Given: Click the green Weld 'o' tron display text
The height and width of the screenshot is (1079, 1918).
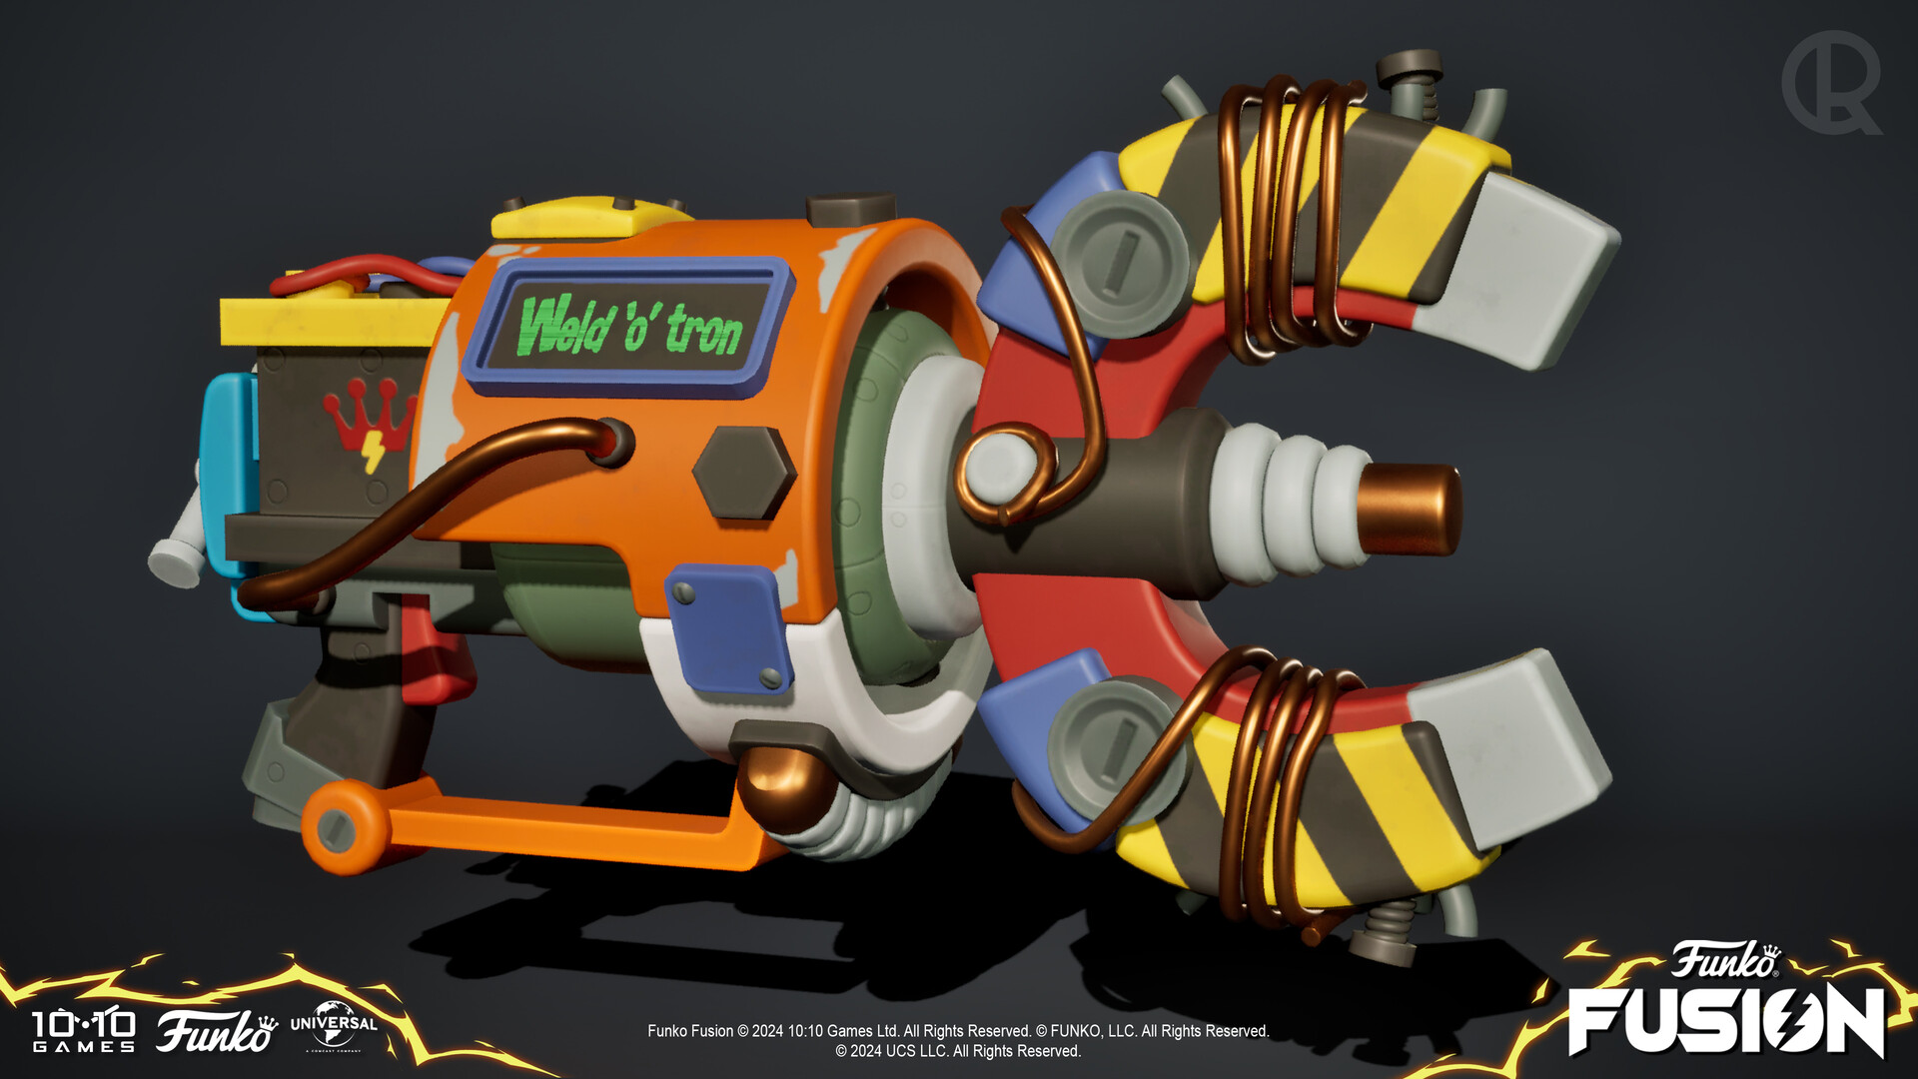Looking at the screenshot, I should (629, 326).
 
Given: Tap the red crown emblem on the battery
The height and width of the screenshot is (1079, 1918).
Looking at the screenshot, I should (369, 420).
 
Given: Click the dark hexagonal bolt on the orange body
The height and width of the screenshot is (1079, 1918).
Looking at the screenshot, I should (743, 473).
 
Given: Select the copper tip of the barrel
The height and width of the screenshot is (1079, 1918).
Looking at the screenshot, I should (1409, 509).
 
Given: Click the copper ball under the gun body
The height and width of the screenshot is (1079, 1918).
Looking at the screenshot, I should (784, 784).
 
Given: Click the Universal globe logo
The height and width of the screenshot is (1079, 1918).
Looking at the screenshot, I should (333, 1026).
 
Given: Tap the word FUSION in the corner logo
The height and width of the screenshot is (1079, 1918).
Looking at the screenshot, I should (1725, 1020).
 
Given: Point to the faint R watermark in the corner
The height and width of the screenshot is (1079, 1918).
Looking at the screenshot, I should (1830, 82).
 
